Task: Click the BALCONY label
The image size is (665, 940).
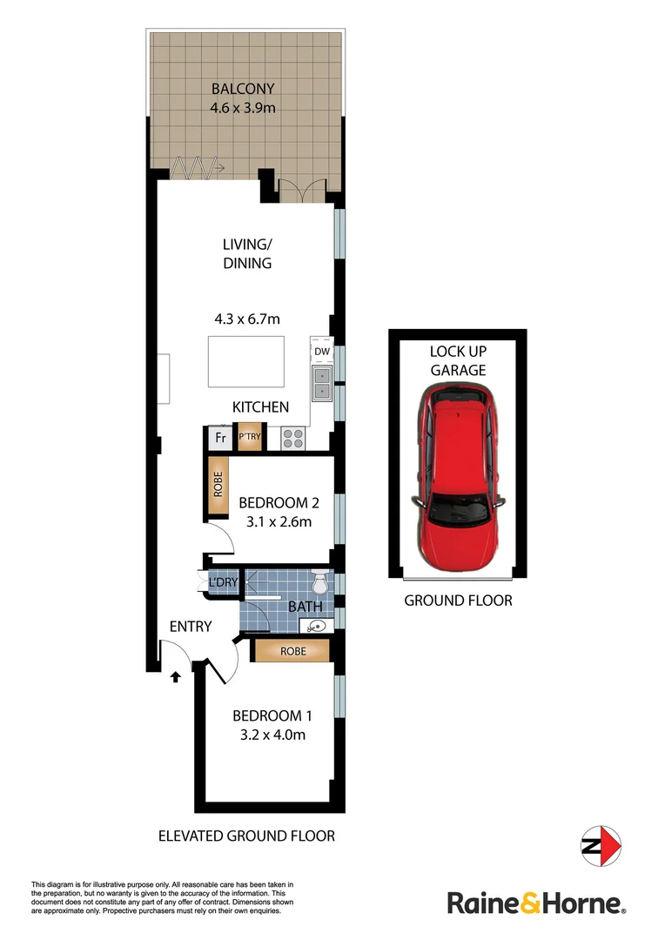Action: [x=242, y=88]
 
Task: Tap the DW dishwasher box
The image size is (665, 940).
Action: [x=320, y=351]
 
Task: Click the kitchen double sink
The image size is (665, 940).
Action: [x=320, y=383]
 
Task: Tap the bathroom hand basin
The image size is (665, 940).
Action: [x=315, y=624]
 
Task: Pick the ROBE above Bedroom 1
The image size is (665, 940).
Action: [x=292, y=650]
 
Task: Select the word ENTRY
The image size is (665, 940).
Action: [x=191, y=626]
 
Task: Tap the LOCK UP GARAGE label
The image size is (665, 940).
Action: [x=457, y=360]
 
